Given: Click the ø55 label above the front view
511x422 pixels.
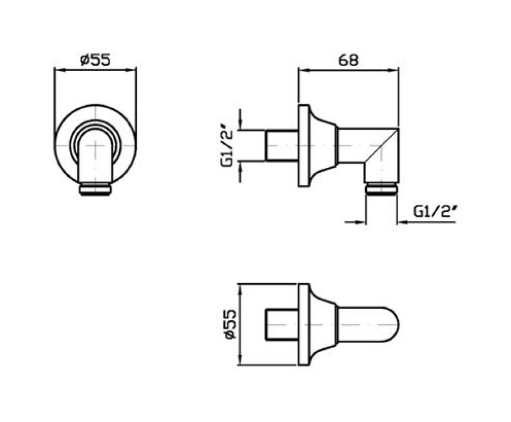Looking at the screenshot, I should [95, 60].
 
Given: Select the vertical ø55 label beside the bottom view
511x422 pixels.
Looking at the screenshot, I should [230, 325].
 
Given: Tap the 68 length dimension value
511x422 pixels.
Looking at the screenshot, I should [349, 60].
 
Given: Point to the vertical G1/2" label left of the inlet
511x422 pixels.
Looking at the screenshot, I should [227, 146].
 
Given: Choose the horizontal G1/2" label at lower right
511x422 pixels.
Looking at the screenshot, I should [435, 212].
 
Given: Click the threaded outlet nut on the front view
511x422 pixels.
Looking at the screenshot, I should [95, 189].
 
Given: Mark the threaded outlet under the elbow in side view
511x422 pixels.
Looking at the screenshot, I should [380, 188].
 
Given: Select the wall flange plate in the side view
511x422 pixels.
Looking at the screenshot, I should [304, 146].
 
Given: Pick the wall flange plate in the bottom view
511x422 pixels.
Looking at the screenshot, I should [304, 325].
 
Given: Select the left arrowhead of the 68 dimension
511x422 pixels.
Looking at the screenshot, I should [303, 70].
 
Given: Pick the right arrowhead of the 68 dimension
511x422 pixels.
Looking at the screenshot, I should [395, 70].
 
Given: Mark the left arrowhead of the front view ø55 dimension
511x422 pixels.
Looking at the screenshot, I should [58, 70].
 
